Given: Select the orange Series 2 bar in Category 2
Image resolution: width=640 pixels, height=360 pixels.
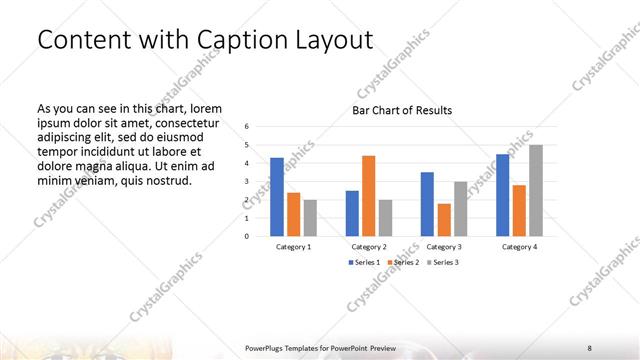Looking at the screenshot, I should click(x=368, y=196).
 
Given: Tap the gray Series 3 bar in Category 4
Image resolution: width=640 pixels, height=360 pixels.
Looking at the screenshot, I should click(x=536, y=191).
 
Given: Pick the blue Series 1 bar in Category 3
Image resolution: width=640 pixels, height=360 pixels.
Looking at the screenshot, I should click(x=427, y=204).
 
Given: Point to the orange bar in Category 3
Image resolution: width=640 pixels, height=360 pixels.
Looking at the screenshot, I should click(x=444, y=220).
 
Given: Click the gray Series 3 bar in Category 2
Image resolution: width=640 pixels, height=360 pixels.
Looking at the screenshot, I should click(x=385, y=218).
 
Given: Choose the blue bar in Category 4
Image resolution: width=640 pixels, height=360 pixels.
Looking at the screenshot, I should click(x=502, y=195).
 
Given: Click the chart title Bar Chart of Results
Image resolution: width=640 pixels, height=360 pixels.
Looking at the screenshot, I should click(x=402, y=110).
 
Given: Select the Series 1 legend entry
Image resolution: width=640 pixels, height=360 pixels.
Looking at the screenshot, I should click(x=363, y=262).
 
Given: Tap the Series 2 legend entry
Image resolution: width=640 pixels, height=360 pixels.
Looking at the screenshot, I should click(x=402, y=262).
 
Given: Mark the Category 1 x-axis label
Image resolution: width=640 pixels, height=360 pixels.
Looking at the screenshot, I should click(x=293, y=246).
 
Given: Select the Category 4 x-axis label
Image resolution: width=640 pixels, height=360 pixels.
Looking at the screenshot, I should click(x=519, y=246).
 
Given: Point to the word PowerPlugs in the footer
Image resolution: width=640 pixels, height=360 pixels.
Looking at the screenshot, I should click(x=266, y=347).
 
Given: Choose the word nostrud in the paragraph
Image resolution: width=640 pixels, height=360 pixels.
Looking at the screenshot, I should click(x=167, y=181).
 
